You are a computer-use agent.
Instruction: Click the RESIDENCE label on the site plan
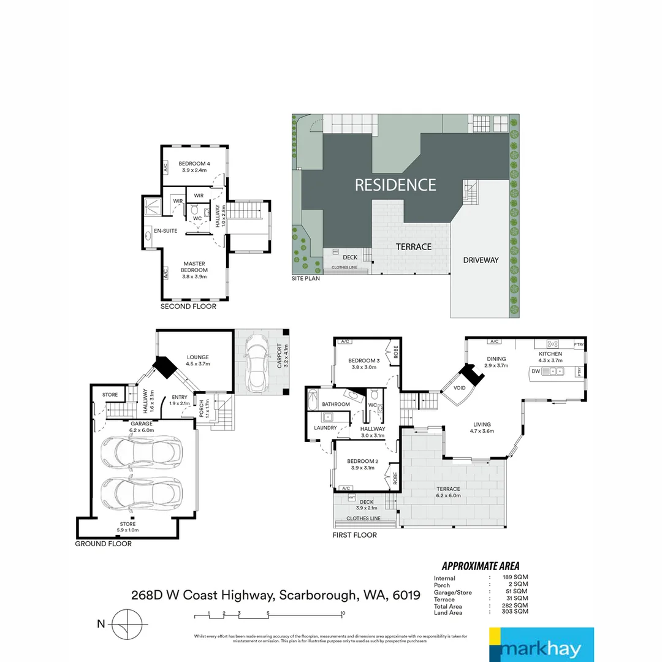[395, 185]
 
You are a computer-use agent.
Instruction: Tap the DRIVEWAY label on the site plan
[481, 260]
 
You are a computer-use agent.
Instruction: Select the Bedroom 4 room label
[194, 167]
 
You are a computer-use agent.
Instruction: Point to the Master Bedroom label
[194, 270]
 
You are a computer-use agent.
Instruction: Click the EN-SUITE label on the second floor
[165, 231]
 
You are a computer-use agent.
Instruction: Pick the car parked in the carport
[258, 365]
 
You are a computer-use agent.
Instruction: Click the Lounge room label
[197, 360]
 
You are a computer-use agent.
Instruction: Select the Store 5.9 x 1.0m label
[127, 527]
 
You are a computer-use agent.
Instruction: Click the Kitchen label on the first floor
[550, 357]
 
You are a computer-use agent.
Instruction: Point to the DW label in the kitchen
[535, 371]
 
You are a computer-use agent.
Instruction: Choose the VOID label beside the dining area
[460, 388]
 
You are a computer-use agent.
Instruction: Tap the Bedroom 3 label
[364, 364]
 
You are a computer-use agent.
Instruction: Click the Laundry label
[325, 428]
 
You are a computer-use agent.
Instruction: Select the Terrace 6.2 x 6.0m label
[447, 492]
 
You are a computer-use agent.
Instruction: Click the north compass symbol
[127, 624]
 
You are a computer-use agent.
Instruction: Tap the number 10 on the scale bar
[343, 613]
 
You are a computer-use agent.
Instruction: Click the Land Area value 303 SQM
[515, 612]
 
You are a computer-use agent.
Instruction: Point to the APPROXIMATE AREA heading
[481, 566]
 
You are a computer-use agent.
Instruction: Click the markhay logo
[541, 645]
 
